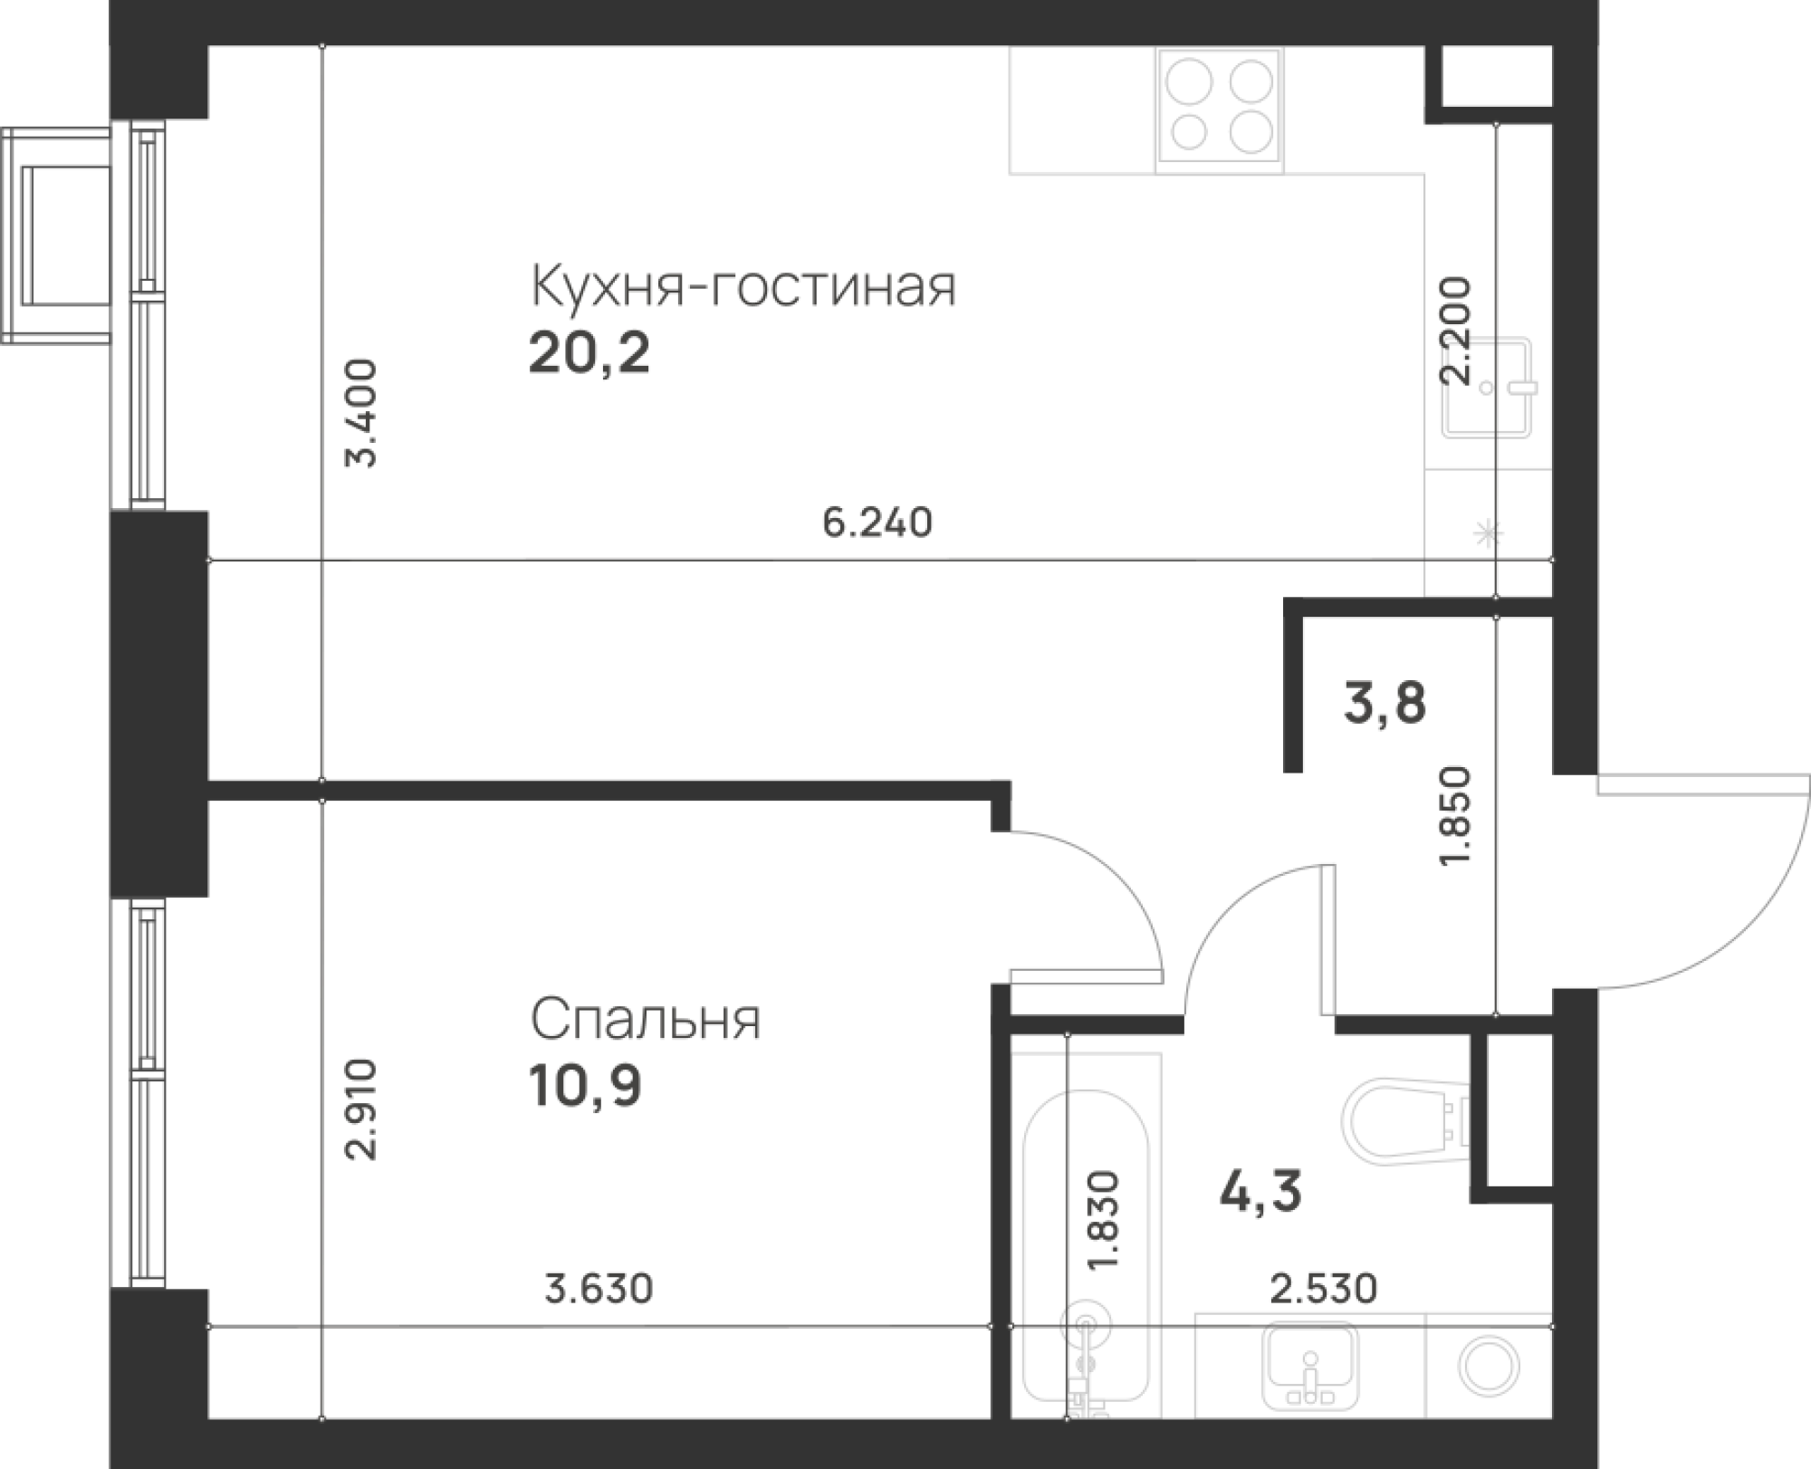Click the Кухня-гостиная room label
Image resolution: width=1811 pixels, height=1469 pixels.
(743, 288)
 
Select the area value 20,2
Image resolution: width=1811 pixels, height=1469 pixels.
(589, 356)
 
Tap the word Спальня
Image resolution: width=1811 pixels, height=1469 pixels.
(645, 1022)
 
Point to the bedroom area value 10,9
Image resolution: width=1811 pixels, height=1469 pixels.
(586, 1088)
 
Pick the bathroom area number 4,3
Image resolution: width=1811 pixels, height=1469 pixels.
(1260, 1192)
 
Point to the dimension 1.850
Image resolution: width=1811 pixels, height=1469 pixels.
(1455, 815)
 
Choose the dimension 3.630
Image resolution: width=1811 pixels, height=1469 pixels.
(598, 1288)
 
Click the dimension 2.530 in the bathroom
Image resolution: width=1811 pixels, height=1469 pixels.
(1322, 1288)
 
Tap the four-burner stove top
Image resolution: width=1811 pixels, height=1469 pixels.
(1221, 110)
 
